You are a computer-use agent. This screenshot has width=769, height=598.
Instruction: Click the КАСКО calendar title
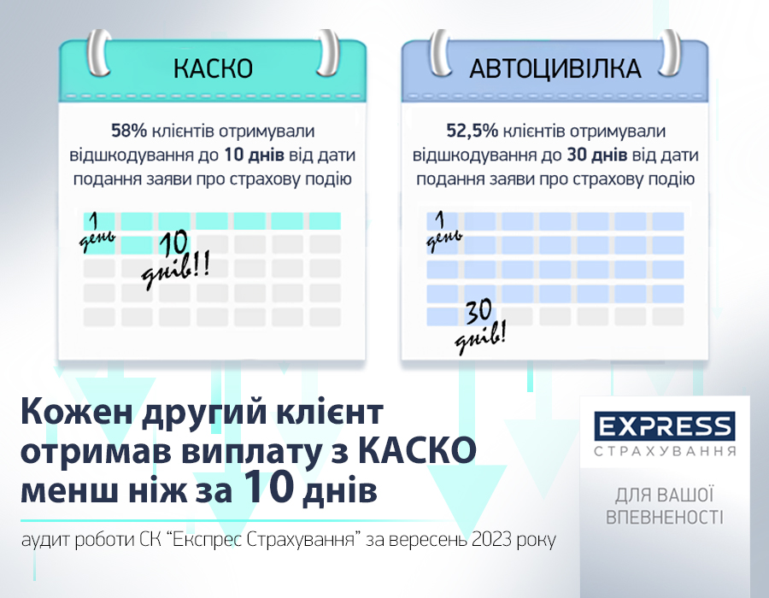click(x=213, y=68)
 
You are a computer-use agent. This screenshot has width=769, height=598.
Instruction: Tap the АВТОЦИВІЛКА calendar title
click(x=555, y=68)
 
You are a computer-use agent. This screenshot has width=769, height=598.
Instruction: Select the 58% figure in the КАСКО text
click(x=129, y=132)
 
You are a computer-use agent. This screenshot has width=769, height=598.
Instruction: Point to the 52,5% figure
click(x=472, y=132)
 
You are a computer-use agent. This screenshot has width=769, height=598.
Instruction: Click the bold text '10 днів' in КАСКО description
click(x=254, y=155)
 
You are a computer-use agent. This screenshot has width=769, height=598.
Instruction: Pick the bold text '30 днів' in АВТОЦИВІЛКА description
click(x=597, y=155)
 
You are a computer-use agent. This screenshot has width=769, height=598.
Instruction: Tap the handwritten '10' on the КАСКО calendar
click(x=174, y=243)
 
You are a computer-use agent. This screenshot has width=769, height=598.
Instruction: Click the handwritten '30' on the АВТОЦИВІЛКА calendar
click(x=478, y=312)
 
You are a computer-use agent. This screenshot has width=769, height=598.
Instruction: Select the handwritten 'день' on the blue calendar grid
click(x=443, y=241)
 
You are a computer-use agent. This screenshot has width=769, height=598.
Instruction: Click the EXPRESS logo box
click(x=665, y=426)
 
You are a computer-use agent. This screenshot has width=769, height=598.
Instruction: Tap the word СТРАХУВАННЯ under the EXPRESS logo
click(x=665, y=451)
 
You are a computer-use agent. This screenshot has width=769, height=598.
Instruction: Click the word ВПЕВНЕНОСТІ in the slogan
click(x=665, y=517)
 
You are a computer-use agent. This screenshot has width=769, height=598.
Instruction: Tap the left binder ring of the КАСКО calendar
click(x=99, y=53)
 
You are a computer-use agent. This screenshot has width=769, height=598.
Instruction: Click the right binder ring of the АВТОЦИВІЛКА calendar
click(x=668, y=53)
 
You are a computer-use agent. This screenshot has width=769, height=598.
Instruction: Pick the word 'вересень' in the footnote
click(x=430, y=540)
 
